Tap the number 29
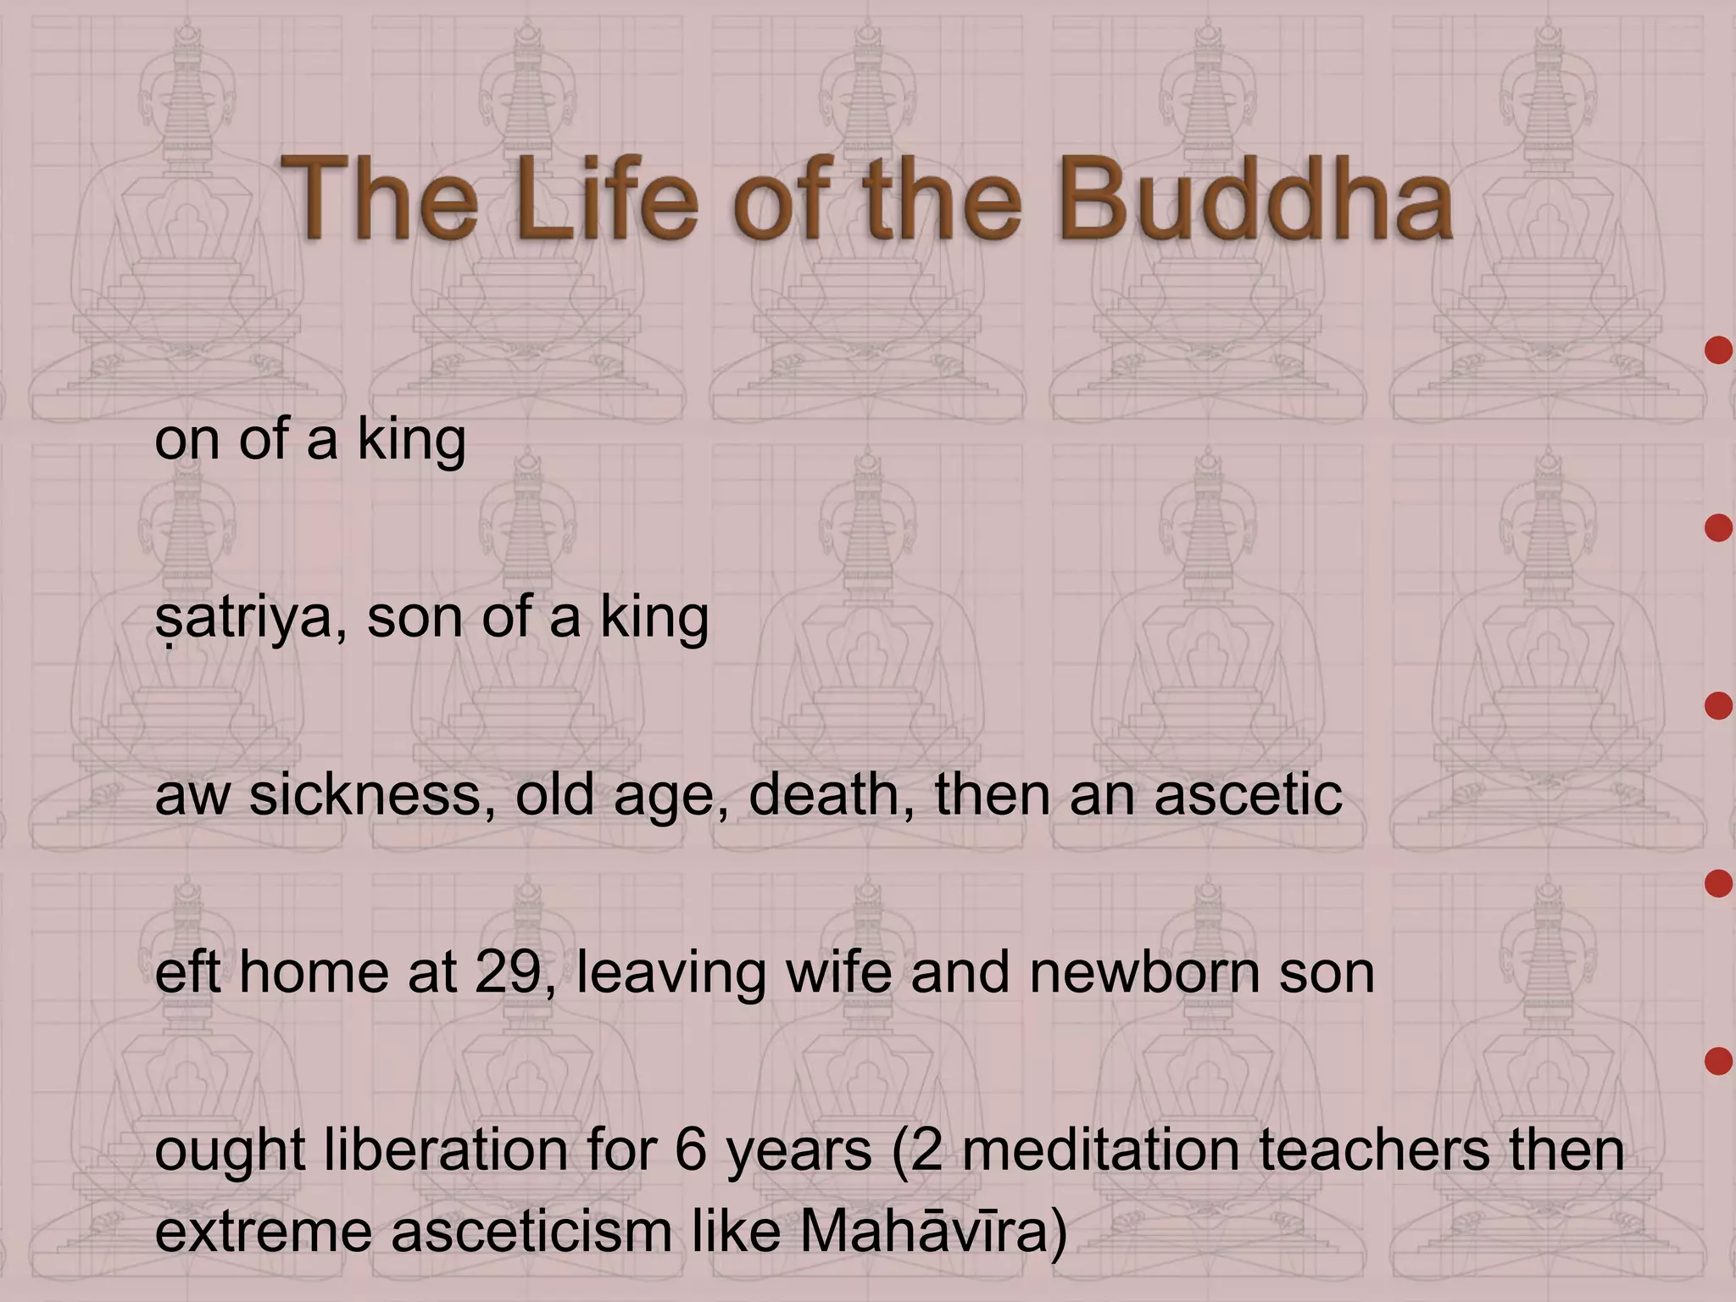pos(514,972)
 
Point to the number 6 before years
pos(692,1150)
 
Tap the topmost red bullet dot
pos(1718,350)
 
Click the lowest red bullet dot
pos(1718,1061)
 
